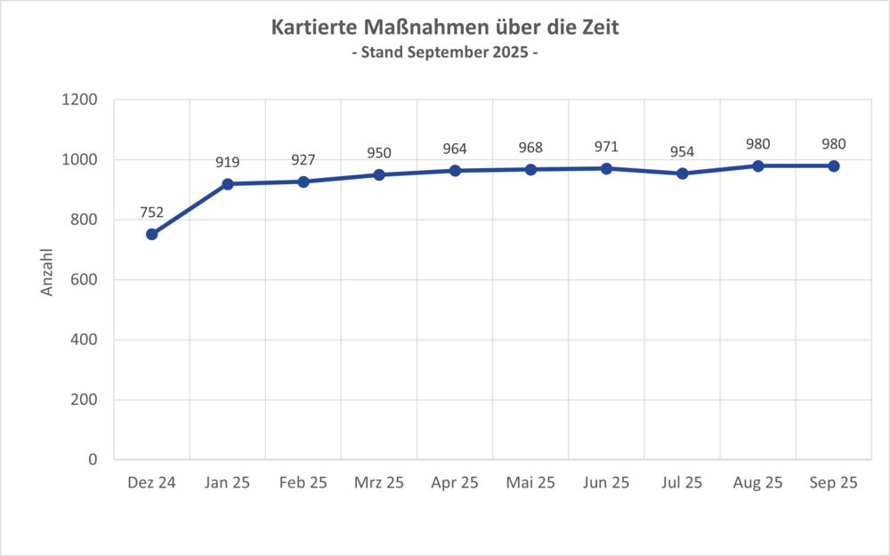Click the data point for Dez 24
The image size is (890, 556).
(151, 234)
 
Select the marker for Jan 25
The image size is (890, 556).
(227, 184)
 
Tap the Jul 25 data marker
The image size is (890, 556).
(683, 173)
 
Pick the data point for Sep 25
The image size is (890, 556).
(834, 165)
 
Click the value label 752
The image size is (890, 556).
(151, 212)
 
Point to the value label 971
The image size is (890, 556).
(606, 146)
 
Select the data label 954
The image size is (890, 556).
(683, 151)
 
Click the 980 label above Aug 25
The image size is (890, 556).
(758, 143)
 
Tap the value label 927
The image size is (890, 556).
(303, 159)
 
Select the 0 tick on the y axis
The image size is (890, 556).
(93, 459)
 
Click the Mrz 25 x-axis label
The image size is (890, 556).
(379, 483)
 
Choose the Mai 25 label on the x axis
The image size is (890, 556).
(530, 483)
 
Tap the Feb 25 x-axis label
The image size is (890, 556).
(303, 483)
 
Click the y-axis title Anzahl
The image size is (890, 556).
(48, 271)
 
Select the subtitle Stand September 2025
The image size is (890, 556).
(445, 52)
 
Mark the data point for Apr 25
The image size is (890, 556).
(455, 170)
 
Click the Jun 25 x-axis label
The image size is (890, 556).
(606, 483)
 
